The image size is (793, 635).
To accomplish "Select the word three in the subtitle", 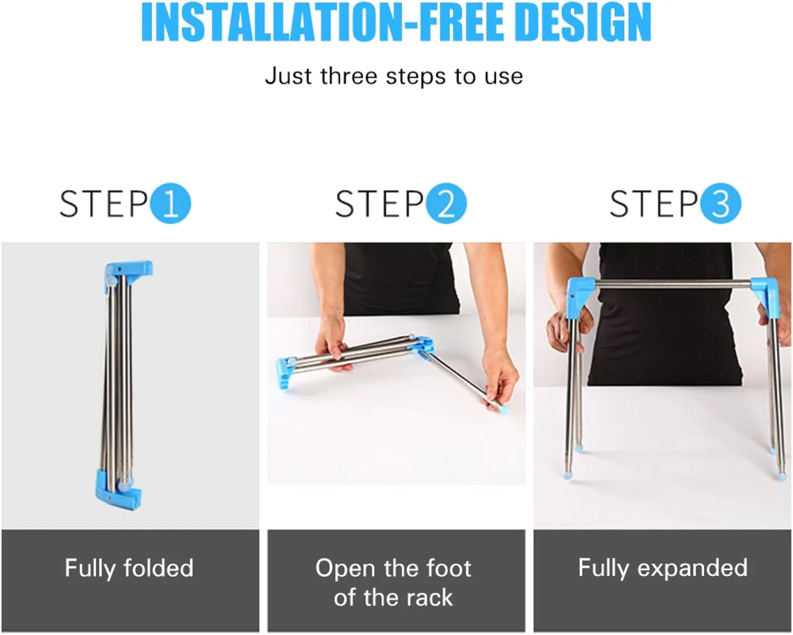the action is (349, 76).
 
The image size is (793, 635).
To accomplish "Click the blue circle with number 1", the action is (171, 203).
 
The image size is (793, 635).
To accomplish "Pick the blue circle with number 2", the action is (446, 203).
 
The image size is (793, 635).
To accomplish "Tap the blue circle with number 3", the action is (721, 203).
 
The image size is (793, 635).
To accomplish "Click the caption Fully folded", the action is (129, 568).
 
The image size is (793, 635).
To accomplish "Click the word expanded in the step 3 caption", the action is (692, 568).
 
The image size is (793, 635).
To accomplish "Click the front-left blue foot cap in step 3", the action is (569, 475).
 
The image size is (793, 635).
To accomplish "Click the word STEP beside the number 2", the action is (380, 204).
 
